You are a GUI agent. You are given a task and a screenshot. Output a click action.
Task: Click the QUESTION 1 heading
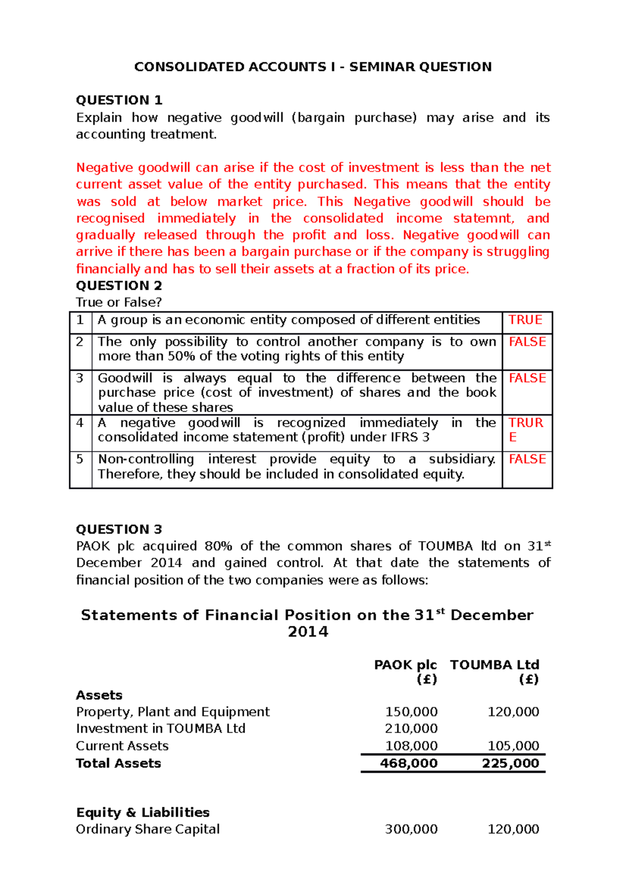coord(119,100)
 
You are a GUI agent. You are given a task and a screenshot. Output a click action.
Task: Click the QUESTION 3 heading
coord(119,529)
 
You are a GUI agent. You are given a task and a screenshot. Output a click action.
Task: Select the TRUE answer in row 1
coord(525,320)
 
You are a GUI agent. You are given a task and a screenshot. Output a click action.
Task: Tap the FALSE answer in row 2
coord(527,342)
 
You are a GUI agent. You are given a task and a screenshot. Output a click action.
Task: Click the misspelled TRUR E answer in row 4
coord(525,429)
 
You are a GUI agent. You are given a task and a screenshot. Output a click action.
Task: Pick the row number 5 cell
coord(80,459)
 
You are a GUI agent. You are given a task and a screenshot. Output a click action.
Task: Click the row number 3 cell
coord(80,378)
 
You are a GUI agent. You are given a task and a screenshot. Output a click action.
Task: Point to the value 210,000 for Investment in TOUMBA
coord(411,729)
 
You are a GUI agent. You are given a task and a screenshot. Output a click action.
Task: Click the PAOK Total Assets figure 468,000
coord(408,764)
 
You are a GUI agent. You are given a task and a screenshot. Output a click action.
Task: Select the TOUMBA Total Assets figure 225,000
coord(510,764)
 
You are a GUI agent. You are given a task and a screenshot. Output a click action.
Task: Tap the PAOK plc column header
coord(405,665)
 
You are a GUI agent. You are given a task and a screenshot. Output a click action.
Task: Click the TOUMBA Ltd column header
coord(494,665)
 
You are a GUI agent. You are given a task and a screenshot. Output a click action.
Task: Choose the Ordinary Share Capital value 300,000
coord(411,829)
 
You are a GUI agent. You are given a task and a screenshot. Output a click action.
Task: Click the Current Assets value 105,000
coord(513,746)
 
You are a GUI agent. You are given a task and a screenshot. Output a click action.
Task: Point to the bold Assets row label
coord(99,695)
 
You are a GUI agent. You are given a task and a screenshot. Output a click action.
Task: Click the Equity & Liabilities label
coord(142,813)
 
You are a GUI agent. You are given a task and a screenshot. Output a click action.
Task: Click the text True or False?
coord(118,302)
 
